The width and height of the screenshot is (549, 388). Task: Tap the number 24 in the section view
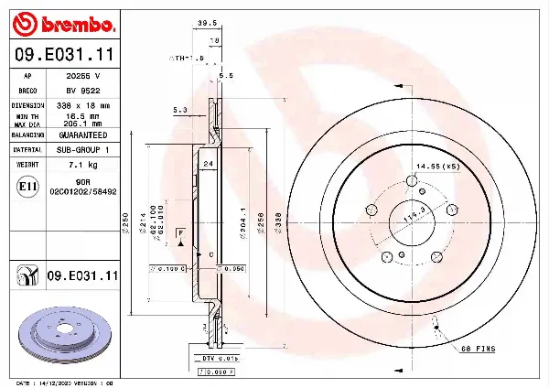click(209, 163)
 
